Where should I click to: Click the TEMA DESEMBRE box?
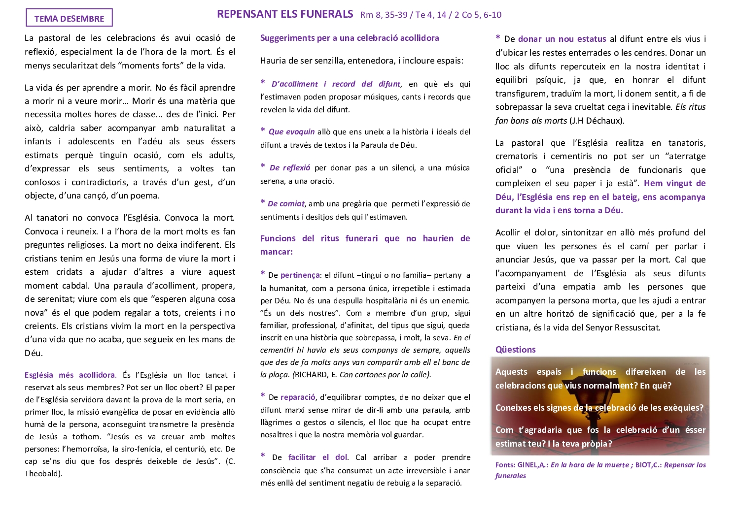[x=69, y=18]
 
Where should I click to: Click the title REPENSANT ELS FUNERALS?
[x=285, y=14]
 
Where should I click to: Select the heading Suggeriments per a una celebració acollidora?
[x=349, y=38]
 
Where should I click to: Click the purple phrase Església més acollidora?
[x=70, y=375]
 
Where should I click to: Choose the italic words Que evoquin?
[x=291, y=132]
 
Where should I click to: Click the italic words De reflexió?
[x=290, y=168]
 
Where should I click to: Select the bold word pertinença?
[x=300, y=275]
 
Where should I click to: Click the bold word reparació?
[x=298, y=397]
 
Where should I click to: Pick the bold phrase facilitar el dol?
[x=317, y=457]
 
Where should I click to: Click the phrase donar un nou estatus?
[x=562, y=39]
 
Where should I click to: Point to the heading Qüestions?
[x=515, y=350]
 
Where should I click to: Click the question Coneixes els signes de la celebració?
[x=599, y=408]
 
